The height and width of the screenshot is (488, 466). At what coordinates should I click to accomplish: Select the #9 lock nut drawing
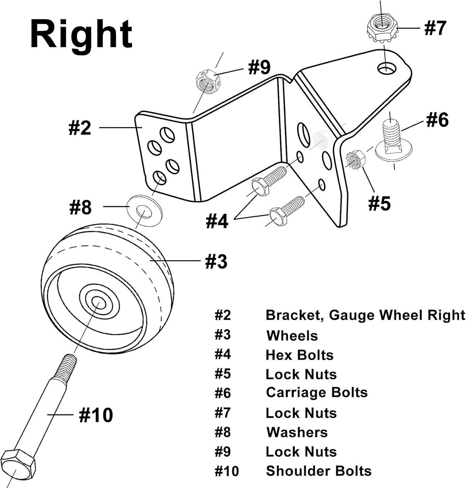[x=208, y=81]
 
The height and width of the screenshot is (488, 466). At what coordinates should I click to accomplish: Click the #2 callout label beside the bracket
[x=80, y=128]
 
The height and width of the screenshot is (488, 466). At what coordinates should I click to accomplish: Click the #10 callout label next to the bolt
[x=96, y=415]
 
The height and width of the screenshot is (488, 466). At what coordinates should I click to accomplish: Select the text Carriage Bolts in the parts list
[x=316, y=392]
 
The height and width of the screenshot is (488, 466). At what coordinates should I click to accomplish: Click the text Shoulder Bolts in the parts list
[x=318, y=471]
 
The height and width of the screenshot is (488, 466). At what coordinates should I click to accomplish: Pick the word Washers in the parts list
[x=296, y=432]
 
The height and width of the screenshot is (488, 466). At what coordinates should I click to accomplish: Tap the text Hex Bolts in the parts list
[x=299, y=355]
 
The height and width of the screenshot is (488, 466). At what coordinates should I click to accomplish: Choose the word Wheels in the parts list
[x=292, y=336]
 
